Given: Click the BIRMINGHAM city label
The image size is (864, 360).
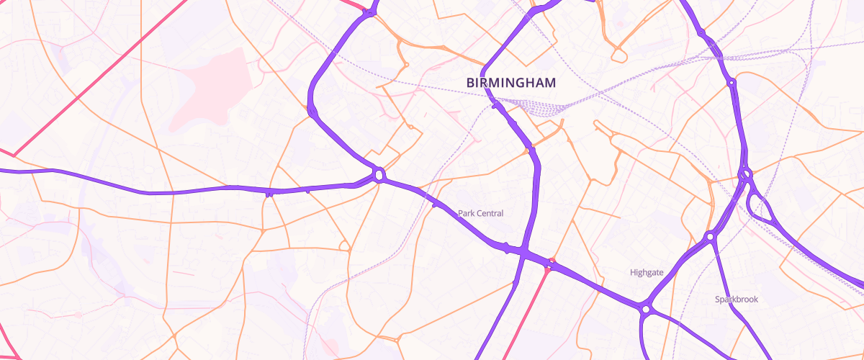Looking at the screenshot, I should [x=511, y=84].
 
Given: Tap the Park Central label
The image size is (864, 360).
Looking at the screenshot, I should [x=480, y=214].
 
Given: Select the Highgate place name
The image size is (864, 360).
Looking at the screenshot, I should [x=647, y=272].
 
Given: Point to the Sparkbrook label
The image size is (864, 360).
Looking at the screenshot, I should [x=737, y=300].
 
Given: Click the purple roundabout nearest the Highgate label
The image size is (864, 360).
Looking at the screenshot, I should [x=646, y=309].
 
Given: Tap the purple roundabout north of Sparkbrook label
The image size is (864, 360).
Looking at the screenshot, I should [x=710, y=235].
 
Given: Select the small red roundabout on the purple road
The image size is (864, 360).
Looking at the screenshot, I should [x=552, y=262].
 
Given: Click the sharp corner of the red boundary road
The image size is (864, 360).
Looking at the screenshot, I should [x=14, y=154].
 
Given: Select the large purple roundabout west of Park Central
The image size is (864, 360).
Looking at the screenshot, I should [x=379, y=175].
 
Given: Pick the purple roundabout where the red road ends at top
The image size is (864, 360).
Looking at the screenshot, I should [x=370, y=12].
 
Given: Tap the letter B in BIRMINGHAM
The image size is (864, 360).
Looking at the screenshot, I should [x=471, y=84].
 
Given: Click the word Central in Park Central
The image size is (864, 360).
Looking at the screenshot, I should [x=489, y=214].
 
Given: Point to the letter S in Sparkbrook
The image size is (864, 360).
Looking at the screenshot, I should [x=718, y=300].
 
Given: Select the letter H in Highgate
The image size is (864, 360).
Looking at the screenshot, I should [x=633, y=272].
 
